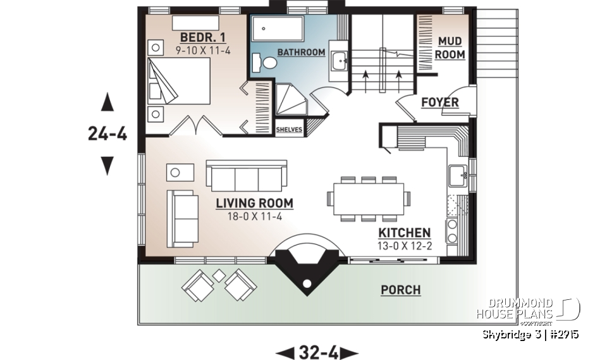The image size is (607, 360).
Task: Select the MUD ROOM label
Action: click(450, 49)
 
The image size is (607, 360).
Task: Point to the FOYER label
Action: click(439, 102)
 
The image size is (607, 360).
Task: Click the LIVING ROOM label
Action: click(254, 203)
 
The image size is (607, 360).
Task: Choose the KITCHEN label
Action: click(405, 233)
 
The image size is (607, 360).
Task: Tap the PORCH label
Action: click(400, 290)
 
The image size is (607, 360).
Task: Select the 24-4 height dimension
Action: click(107, 133)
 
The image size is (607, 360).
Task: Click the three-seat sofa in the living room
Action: click(246, 175)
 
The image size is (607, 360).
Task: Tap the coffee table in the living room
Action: click(180, 171)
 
